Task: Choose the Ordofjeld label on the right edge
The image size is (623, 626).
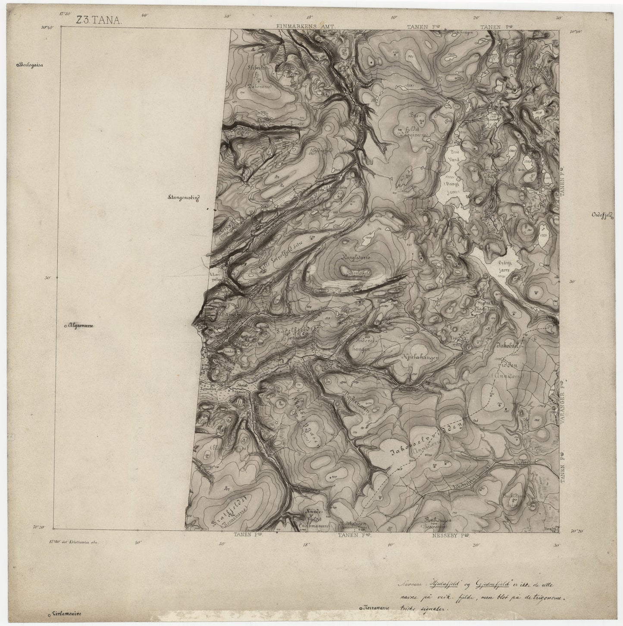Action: point(604,216)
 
